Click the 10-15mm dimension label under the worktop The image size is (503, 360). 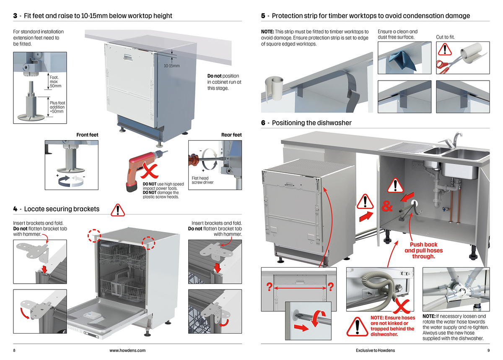[x=171, y=66]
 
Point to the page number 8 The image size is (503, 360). [x=14, y=350]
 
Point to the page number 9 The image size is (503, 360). [x=488, y=350]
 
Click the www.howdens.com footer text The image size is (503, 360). [x=127, y=350]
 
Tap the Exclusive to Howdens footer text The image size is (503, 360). [x=375, y=350]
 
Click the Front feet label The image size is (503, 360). [x=87, y=135]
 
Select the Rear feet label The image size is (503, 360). [x=231, y=135]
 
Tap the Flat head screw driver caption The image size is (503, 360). [x=203, y=180]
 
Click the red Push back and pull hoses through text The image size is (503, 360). [x=423, y=250]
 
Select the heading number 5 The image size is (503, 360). [x=263, y=16]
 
